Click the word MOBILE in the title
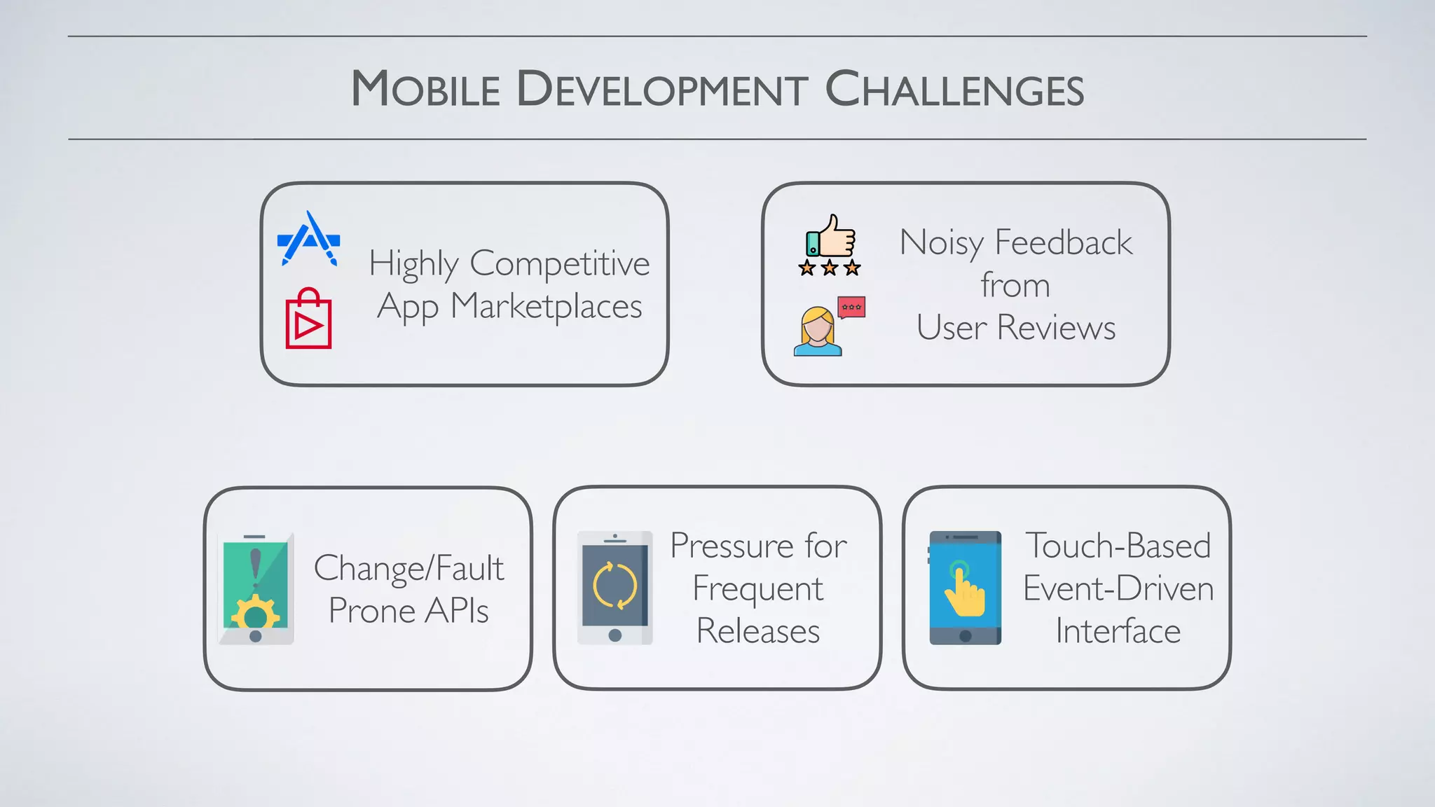(425, 90)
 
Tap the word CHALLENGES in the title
(954, 90)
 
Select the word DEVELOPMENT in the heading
(662, 90)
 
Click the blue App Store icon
(308, 239)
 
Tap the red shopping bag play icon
(308, 319)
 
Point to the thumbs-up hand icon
(832, 236)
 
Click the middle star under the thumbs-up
(830, 268)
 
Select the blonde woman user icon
(817, 331)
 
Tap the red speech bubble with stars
(851, 307)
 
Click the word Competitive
(559, 264)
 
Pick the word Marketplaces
(547, 307)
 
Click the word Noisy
(942, 243)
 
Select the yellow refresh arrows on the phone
(614, 586)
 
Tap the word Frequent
(757, 588)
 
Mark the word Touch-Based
(1118, 546)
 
